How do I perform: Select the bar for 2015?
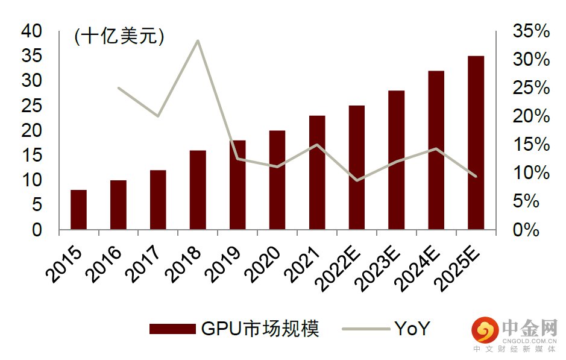point(78,210)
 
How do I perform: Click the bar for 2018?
point(198,190)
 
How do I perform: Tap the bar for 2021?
point(317,172)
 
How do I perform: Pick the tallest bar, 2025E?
point(476,143)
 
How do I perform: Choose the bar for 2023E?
point(397,160)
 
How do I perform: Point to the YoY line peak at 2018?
point(198,40)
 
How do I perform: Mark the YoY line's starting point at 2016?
point(118,88)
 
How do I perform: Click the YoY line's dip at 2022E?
point(357,180)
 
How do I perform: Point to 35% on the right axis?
point(531,31)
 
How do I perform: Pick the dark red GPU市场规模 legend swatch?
point(172,329)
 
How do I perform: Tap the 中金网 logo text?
point(530,329)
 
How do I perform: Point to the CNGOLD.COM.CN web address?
point(530,341)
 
